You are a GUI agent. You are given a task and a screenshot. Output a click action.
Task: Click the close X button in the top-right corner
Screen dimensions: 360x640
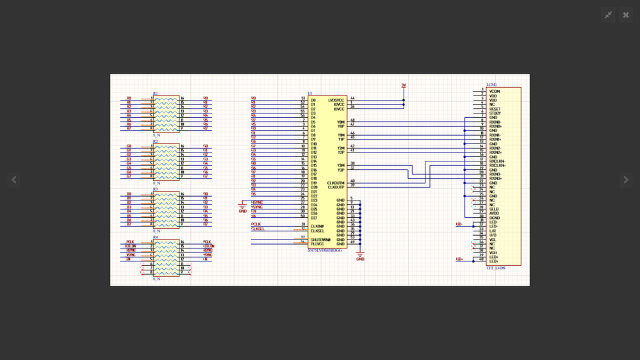pos(626,15)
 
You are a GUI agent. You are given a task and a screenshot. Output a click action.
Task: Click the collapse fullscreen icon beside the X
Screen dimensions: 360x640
pos(608,15)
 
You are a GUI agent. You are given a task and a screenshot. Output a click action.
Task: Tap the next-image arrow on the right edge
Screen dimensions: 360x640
pos(626,180)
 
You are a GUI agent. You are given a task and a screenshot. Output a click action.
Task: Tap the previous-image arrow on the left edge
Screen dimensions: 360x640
pos(13,180)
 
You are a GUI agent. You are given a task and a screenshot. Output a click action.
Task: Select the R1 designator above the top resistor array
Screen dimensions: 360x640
pos(156,94)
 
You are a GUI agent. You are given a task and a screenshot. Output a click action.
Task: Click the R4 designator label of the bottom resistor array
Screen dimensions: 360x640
pos(156,237)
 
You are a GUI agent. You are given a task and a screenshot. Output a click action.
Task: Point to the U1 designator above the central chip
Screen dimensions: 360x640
pos(310,94)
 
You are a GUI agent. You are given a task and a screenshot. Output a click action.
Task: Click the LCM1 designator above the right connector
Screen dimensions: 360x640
pos(491,85)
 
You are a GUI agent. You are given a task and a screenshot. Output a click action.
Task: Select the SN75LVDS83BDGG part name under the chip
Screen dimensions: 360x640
pos(325,250)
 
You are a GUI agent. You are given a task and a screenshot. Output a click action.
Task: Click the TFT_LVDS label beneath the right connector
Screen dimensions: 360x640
pos(496,268)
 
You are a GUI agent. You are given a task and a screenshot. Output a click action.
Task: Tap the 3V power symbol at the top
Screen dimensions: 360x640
pos(404,85)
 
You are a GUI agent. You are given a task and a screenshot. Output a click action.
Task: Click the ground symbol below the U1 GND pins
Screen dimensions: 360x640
pos(360,257)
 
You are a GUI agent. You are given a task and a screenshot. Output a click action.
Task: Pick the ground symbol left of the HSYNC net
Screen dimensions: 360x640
pos(242,208)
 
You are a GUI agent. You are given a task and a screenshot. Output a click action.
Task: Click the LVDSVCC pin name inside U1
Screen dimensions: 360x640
pos(336,100)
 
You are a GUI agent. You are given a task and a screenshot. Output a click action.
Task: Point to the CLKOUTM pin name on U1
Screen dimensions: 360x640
pos(336,183)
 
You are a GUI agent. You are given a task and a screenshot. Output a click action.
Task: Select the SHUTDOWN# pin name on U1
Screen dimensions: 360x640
pos(320,240)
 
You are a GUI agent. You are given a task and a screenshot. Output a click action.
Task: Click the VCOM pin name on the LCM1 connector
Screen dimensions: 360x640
pos(495,92)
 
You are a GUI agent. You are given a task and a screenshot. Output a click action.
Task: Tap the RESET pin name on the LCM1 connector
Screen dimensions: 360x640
pos(495,109)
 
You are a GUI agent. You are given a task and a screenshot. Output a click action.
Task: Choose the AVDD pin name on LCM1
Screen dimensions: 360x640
pos(494,213)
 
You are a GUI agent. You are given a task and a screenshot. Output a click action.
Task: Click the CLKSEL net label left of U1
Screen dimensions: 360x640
pos(258,229)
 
